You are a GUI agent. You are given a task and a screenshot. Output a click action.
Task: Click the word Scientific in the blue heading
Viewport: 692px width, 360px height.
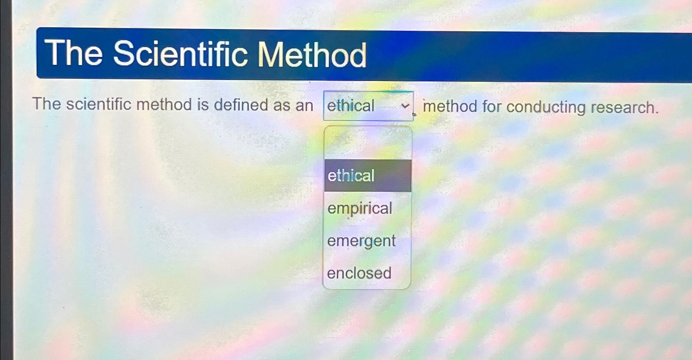pos(181,53)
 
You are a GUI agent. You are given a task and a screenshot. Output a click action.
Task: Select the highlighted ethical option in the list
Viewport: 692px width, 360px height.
pos(368,176)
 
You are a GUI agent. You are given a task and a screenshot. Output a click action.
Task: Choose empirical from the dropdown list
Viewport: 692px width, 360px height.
pos(360,208)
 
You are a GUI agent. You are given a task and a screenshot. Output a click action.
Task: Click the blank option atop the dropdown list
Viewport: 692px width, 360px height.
pos(368,143)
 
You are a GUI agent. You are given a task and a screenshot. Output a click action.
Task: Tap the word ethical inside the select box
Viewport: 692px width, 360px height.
pos(351,106)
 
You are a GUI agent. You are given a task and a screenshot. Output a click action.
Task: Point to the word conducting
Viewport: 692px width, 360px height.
pos(546,107)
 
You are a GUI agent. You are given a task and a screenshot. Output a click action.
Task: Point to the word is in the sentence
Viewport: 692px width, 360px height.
pos(203,104)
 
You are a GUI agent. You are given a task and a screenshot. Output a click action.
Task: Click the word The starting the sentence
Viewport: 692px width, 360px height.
pos(46,104)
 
